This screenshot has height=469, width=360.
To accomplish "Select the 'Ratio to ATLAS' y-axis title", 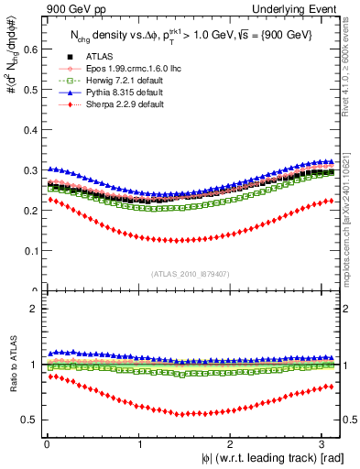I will click(x=11, y=376).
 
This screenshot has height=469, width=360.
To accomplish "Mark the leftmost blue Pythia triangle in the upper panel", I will click(x=49, y=169).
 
